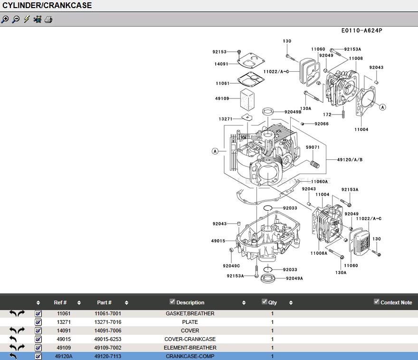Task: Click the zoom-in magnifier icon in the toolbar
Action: pyautogui.click(x=5, y=19)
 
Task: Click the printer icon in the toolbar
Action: pyautogui.click(x=48, y=19)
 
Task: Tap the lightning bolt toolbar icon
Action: pyautogui.click(x=27, y=19)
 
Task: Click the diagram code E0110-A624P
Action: pyautogui.click(x=361, y=31)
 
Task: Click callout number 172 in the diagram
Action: pyautogui.click(x=327, y=115)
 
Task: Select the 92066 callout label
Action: pyautogui.click(x=322, y=124)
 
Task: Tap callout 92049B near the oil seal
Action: pyautogui.click(x=293, y=112)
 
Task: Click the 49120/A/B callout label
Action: pyautogui.click(x=350, y=160)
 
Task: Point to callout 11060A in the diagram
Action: pyautogui.click(x=320, y=182)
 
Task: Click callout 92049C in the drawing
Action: pyautogui.click(x=231, y=266)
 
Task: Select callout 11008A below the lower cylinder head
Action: pyautogui.click(x=319, y=253)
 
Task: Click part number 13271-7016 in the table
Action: pyautogui.click(x=108, y=322)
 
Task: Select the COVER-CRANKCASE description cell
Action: pyautogui.click(x=190, y=339)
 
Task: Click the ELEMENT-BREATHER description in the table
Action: pyautogui.click(x=190, y=348)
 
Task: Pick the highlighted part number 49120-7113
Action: pyautogui.click(x=108, y=356)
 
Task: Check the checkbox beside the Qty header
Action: pyautogui.click(x=265, y=302)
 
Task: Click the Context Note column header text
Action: pyautogui.click(x=396, y=302)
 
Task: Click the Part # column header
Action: pyautogui.click(x=104, y=302)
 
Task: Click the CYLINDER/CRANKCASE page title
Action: pyautogui.click(x=47, y=6)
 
